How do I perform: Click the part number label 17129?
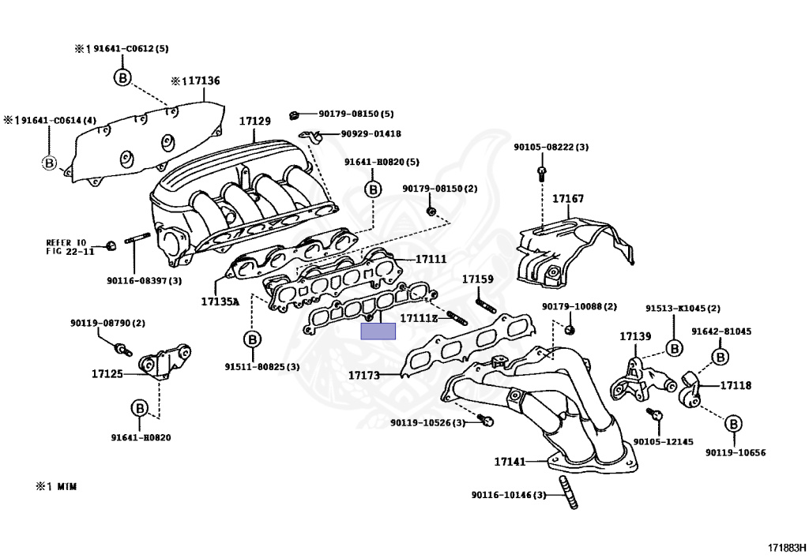pos(255,122)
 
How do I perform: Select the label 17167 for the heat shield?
pos(567,199)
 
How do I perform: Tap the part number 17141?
pos(510,461)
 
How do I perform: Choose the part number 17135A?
pos(219,301)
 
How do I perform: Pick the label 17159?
pos(477,279)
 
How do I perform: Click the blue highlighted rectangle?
pos(378,331)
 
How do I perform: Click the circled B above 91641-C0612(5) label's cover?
pos(122,77)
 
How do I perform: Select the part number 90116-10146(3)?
pos(509,495)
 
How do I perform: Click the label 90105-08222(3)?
pos(551,147)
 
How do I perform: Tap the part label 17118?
pos(735,386)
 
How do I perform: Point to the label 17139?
pos(635,336)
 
